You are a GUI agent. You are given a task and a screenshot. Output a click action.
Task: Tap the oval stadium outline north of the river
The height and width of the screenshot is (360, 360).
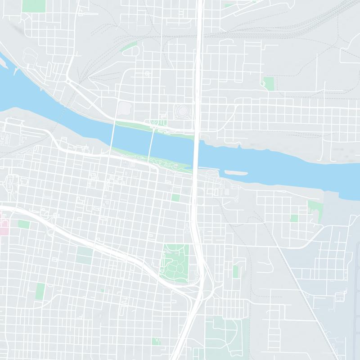pos(182,111)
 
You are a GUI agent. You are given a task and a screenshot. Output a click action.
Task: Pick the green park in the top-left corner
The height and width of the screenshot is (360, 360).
pos(34,5)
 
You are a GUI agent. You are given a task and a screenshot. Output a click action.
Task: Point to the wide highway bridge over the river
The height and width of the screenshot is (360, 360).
pos(197,148)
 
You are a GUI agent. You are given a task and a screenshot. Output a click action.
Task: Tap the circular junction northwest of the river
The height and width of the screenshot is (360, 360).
pos(67,81)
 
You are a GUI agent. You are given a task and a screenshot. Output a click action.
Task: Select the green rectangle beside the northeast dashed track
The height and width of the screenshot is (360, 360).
pos(269,83)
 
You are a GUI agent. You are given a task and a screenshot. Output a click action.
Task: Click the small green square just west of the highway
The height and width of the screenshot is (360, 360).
pos(175,198)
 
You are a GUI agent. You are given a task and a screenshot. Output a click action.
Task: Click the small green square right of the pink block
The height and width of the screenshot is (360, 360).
pos(23,224)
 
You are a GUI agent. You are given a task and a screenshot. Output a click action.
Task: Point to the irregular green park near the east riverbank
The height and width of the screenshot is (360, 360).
pos(314,210)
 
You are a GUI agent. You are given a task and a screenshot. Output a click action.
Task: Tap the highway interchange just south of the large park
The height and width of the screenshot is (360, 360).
pos(200,288)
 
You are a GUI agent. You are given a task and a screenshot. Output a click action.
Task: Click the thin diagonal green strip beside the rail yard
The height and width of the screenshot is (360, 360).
pos(130,46)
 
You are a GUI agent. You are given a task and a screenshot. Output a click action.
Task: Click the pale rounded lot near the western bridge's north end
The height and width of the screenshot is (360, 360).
pos(124,108)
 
